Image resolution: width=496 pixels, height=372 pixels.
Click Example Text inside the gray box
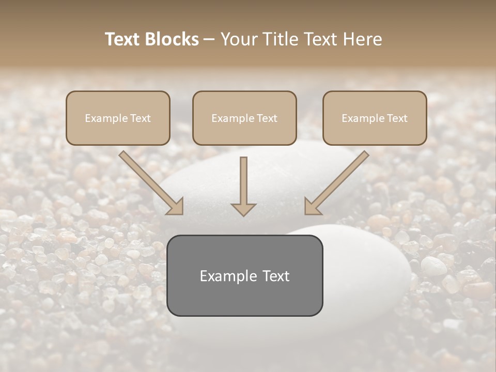(244, 276)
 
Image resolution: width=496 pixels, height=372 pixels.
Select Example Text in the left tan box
(118, 118)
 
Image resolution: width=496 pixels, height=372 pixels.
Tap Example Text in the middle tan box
(244, 118)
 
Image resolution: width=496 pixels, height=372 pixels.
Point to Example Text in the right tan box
(375, 118)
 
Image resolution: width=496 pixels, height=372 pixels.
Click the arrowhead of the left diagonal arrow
(176, 207)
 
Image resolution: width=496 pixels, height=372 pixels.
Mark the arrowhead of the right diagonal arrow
(312, 207)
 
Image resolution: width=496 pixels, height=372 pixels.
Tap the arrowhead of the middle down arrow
(243, 209)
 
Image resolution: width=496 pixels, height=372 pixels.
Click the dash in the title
(209, 39)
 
